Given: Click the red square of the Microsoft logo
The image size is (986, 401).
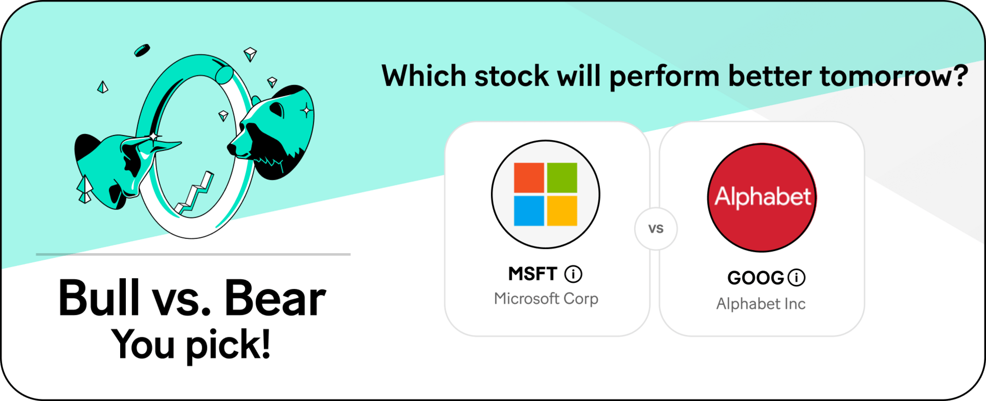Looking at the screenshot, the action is (529, 178).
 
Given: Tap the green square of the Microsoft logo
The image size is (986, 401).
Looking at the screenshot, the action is (562, 178).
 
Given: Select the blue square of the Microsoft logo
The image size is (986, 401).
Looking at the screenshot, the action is (529, 211).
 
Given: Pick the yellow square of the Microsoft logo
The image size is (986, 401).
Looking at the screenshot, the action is (562, 211).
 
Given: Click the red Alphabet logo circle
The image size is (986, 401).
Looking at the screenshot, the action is (762, 198).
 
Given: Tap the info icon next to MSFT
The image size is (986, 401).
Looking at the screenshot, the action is (574, 274).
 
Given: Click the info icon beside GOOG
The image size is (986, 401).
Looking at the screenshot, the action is (797, 278).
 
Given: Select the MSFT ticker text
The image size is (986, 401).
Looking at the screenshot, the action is (533, 274).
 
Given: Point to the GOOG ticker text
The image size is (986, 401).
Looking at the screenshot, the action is (755, 278).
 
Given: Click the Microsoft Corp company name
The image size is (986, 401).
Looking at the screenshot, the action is (546, 299).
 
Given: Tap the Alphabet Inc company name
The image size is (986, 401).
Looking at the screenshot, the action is (761, 304).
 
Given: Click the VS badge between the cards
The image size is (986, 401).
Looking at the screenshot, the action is (656, 229).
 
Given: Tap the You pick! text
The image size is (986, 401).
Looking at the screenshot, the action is (191, 345).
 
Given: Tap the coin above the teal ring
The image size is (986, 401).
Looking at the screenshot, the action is (142, 50).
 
